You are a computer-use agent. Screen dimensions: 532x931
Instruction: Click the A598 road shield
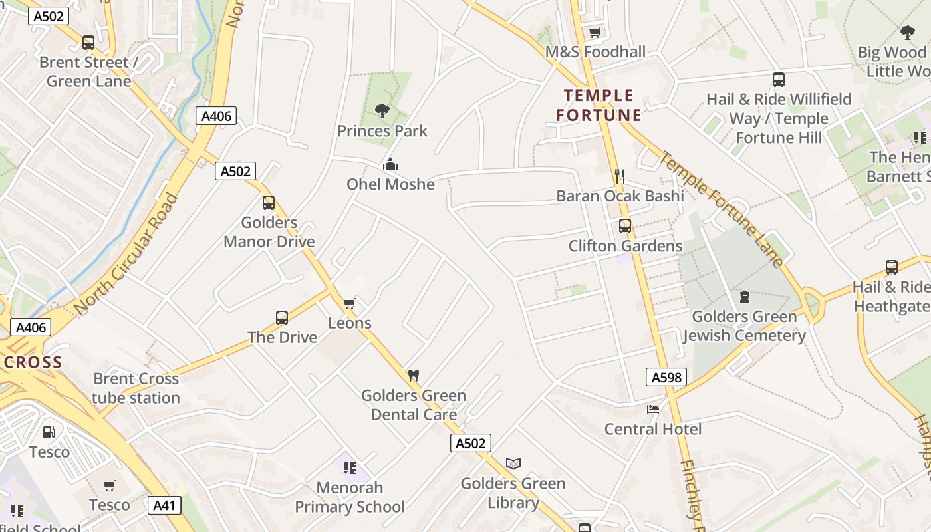point(666,378)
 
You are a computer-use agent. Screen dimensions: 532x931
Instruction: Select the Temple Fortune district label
point(599,105)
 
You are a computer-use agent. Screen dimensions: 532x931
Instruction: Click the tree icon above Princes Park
point(382,110)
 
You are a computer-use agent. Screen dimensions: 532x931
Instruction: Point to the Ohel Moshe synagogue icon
point(390,164)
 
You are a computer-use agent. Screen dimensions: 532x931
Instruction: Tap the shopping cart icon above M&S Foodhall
point(595,32)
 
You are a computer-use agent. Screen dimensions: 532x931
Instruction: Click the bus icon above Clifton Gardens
point(625,225)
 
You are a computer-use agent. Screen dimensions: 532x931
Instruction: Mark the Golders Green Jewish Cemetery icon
point(745,297)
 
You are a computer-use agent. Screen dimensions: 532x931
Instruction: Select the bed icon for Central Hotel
point(653,409)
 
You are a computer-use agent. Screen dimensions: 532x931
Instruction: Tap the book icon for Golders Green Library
point(513,464)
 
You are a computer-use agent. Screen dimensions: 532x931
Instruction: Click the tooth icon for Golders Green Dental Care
point(413,375)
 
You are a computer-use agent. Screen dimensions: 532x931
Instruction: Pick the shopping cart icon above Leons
point(349,303)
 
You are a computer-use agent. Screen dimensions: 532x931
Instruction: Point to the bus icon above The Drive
point(282,318)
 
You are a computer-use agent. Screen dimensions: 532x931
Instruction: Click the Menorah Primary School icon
point(350,467)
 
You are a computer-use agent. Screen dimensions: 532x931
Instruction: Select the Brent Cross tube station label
point(136,388)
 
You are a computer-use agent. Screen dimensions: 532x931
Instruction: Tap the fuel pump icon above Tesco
point(49,432)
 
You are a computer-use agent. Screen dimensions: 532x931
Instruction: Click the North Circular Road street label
point(127,254)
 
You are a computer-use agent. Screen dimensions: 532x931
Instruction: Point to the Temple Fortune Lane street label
point(722,209)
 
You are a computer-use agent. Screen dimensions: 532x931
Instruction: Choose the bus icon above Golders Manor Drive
point(269,203)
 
